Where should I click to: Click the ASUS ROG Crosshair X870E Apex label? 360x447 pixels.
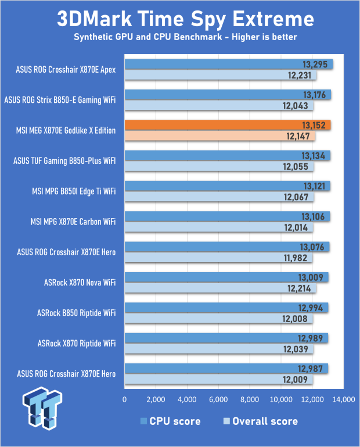click(x=66, y=70)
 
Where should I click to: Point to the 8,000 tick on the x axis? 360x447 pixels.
click(x=249, y=400)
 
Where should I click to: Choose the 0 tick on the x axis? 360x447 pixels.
click(x=124, y=400)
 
